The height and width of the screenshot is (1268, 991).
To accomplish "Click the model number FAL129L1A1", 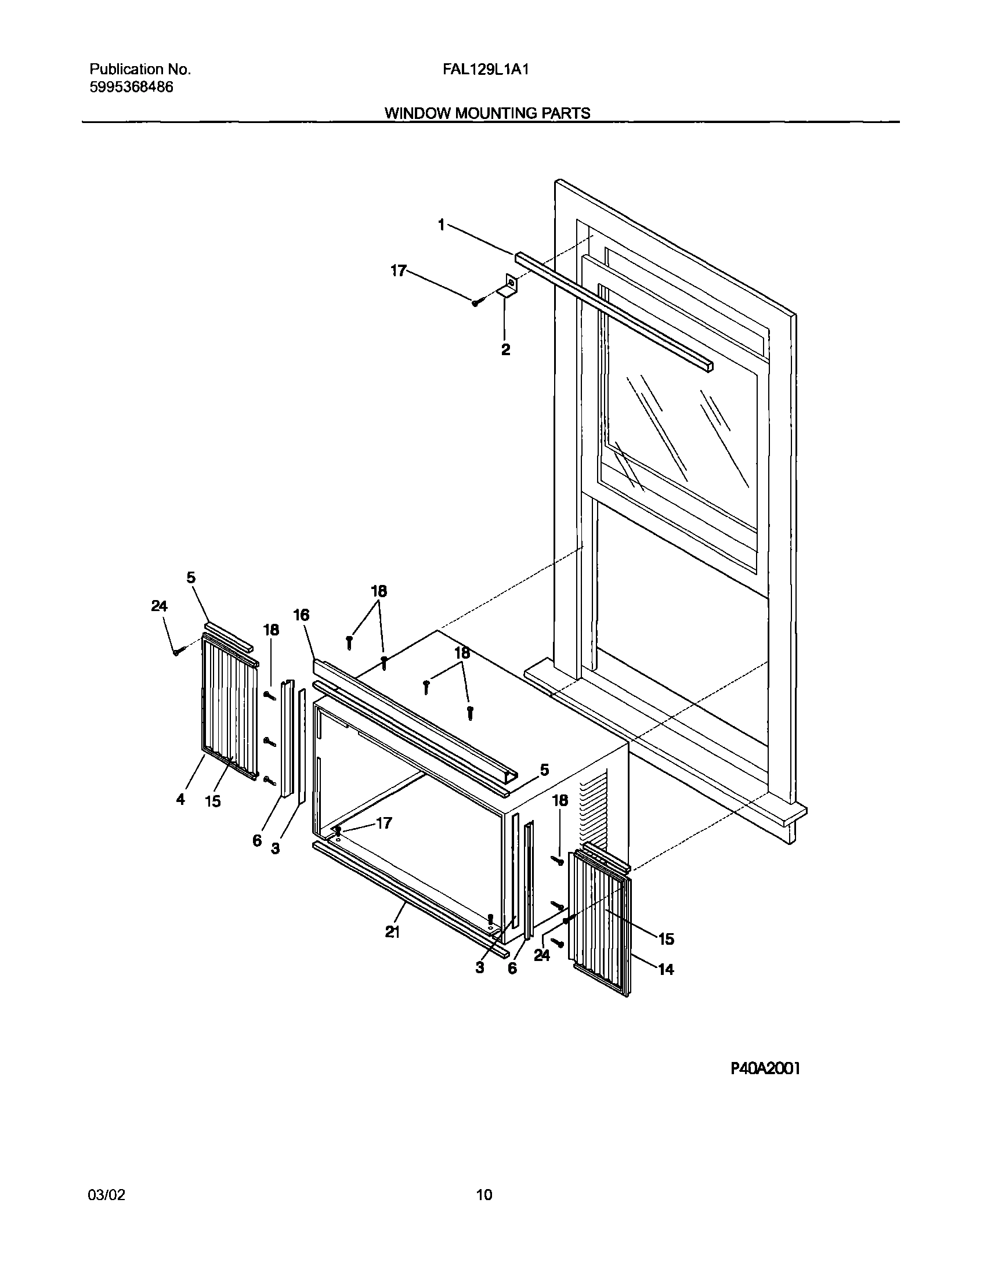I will tap(485, 70).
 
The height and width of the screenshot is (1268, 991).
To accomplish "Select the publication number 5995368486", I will tap(131, 88).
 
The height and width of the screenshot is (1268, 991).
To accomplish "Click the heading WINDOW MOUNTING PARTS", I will tap(487, 113).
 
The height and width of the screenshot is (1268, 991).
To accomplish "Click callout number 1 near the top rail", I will tap(442, 225).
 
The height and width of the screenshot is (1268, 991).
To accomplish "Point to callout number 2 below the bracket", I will tap(506, 349).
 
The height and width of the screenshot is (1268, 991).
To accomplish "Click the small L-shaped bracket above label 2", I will tap(509, 287).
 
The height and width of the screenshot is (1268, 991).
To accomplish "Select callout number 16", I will tap(301, 615).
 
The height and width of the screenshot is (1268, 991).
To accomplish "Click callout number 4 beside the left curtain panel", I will tap(180, 800).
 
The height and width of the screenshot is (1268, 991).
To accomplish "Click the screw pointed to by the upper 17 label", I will tap(475, 302).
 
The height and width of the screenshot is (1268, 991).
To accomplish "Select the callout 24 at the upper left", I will tap(159, 606).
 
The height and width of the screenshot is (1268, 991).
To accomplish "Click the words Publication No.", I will tap(140, 70).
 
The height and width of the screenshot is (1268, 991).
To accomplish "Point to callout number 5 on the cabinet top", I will tap(544, 770).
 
